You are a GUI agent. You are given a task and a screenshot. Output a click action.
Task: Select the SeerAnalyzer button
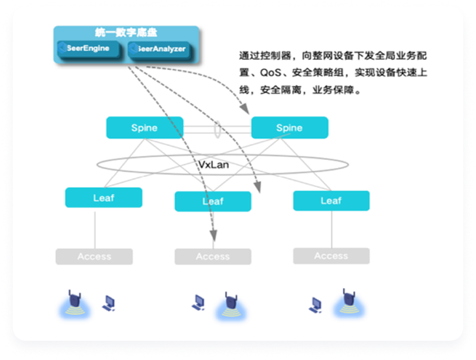pos(160,49)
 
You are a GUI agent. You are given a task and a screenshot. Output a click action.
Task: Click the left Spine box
pos(144,127)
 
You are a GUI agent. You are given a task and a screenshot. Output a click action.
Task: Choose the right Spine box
pos(289,127)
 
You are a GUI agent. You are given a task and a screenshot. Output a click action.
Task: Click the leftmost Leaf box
pos(103,197)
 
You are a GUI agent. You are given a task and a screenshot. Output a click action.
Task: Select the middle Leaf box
pos(212,201)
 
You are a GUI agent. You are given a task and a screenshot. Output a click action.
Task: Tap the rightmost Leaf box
pos(331,201)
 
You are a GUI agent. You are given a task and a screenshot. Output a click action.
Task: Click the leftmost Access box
pos(94,256)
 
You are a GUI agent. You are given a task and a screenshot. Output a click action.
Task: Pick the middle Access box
pos(212,256)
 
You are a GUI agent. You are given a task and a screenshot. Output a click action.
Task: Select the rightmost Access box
pos(331,256)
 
